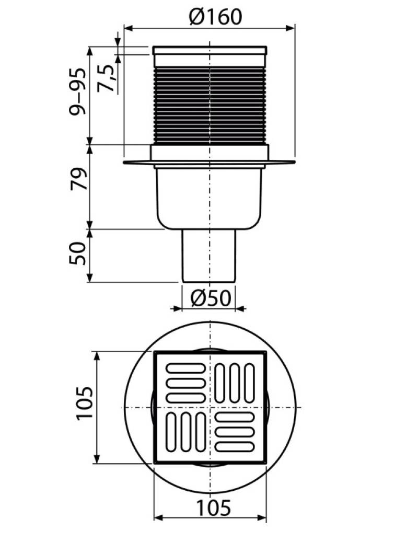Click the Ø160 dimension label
point(216,17)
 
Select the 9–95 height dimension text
point(77,91)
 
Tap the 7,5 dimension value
point(107,78)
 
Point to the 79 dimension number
point(78,179)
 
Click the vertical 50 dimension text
point(78,253)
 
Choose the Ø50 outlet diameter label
point(211,298)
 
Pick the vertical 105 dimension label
point(85,403)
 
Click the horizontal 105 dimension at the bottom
point(213,507)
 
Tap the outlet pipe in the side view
point(209,256)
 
